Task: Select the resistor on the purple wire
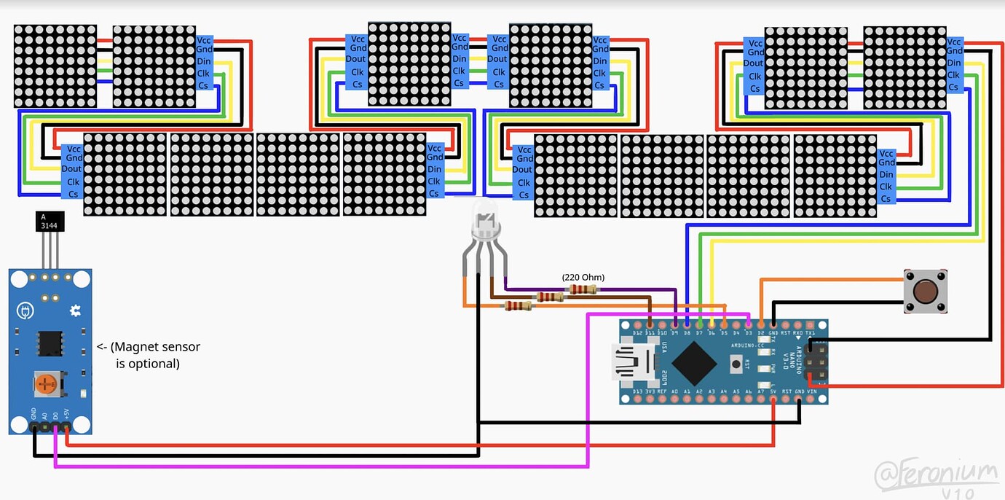(x=583, y=289)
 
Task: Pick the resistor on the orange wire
(x=518, y=306)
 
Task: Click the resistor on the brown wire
(x=550, y=297)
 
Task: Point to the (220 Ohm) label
(x=583, y=277)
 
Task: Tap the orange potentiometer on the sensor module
(x=47, y=383)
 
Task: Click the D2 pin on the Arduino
(x=761, y=323)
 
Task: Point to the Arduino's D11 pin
(x=650, y=323)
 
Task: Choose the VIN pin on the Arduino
(x=811, y=400)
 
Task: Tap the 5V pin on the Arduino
(x=773, y=400)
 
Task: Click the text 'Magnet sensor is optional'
(x=149, y=355)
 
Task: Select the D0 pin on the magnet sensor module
(x=55, y=429)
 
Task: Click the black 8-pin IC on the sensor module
(x=50, y=342)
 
